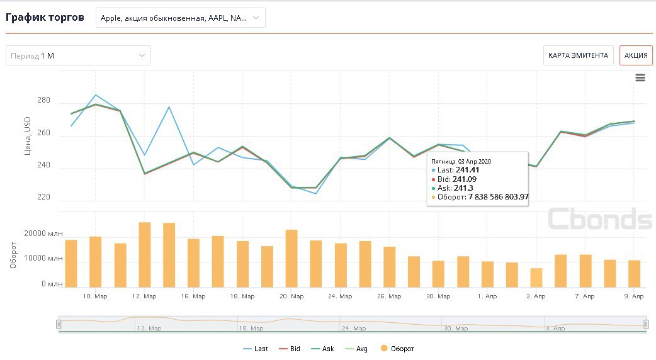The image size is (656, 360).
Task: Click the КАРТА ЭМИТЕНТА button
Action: [578, 55]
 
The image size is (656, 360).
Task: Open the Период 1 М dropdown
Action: [78, 55]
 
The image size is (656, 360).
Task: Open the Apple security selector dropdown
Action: [180, 18]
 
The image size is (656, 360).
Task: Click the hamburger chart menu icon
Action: [640, 77]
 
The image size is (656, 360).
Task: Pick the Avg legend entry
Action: [357, 348]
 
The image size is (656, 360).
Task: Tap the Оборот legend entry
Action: [397, 348]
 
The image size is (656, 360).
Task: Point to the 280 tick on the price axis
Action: [43, 103]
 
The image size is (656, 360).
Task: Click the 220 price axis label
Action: [43, 198]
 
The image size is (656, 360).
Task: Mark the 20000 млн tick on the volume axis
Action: [44, 233]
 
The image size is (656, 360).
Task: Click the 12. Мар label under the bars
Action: [144, 296]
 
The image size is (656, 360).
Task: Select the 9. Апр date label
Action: [633, 296]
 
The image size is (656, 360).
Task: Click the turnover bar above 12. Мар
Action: [144, 254]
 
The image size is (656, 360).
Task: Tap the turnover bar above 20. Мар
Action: [291, 258]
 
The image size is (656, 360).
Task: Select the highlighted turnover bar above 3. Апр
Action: [536, 278]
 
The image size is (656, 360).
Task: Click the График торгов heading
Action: [45, 17]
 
